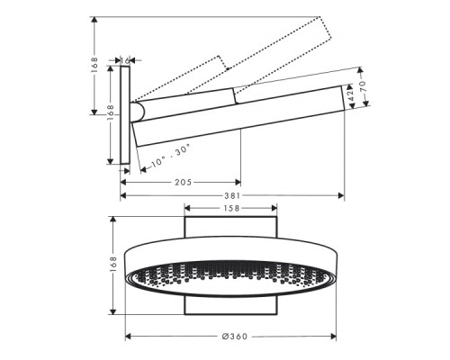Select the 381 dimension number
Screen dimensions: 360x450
point(233,199)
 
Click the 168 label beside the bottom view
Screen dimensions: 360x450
point(114,265)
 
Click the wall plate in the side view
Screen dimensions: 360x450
point(126,114)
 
